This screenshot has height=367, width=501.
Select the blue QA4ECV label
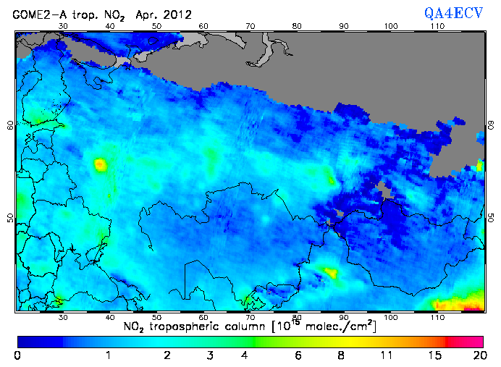[453, 12]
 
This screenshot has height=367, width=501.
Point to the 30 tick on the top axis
[63, 25]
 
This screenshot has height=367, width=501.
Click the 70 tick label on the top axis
[250, 25]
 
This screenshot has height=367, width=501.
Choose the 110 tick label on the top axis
[437, 25]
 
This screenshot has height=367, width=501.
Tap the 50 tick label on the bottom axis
[156, 317]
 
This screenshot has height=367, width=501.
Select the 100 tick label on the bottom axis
[391, 317]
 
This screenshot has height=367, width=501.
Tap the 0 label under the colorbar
[17, 355]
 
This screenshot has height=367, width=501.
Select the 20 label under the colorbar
[478, 355]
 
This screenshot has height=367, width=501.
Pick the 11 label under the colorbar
[387, 355]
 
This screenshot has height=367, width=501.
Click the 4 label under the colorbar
[245, 355]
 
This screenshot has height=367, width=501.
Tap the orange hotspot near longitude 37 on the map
[100, 165]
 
